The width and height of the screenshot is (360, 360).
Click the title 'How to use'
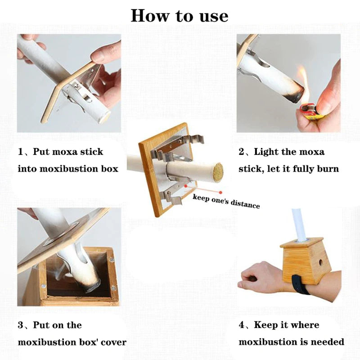tap(180, 16)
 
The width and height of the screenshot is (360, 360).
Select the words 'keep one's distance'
tap(226, 201)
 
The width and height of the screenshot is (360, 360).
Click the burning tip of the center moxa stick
tap(218, 173)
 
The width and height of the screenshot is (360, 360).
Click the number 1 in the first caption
tap(21, 152)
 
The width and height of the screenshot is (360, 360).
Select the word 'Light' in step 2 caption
tap(268, 152)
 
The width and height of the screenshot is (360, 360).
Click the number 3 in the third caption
tap(21, 325)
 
